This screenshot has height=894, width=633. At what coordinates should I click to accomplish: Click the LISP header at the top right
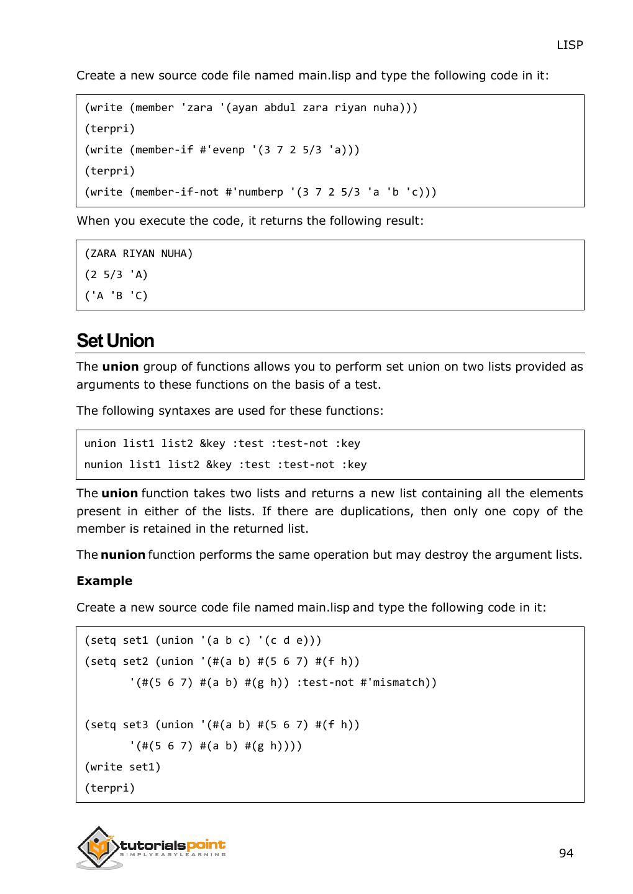pos(569,45)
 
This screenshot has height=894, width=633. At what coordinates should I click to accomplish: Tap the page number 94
pos(566,853)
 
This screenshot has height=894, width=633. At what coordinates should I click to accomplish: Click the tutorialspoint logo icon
pos(98,847)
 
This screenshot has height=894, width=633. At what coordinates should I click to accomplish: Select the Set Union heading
pos(115,341)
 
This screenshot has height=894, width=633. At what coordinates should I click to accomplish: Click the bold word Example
pos(104,580)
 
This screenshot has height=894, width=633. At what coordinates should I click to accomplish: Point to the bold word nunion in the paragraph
pos(123,554)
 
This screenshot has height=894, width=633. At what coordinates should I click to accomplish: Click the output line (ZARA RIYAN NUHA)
pos(139,253)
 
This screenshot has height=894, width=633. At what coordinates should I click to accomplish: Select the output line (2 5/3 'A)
pos(116,274)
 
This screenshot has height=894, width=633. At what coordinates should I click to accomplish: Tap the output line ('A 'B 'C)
pos(116,296)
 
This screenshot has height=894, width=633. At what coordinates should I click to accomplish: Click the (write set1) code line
pos(122,767)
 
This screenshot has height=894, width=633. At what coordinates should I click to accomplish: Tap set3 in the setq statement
pos(135,725)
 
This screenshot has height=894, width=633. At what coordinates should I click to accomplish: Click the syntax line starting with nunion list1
pos(225,464)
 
